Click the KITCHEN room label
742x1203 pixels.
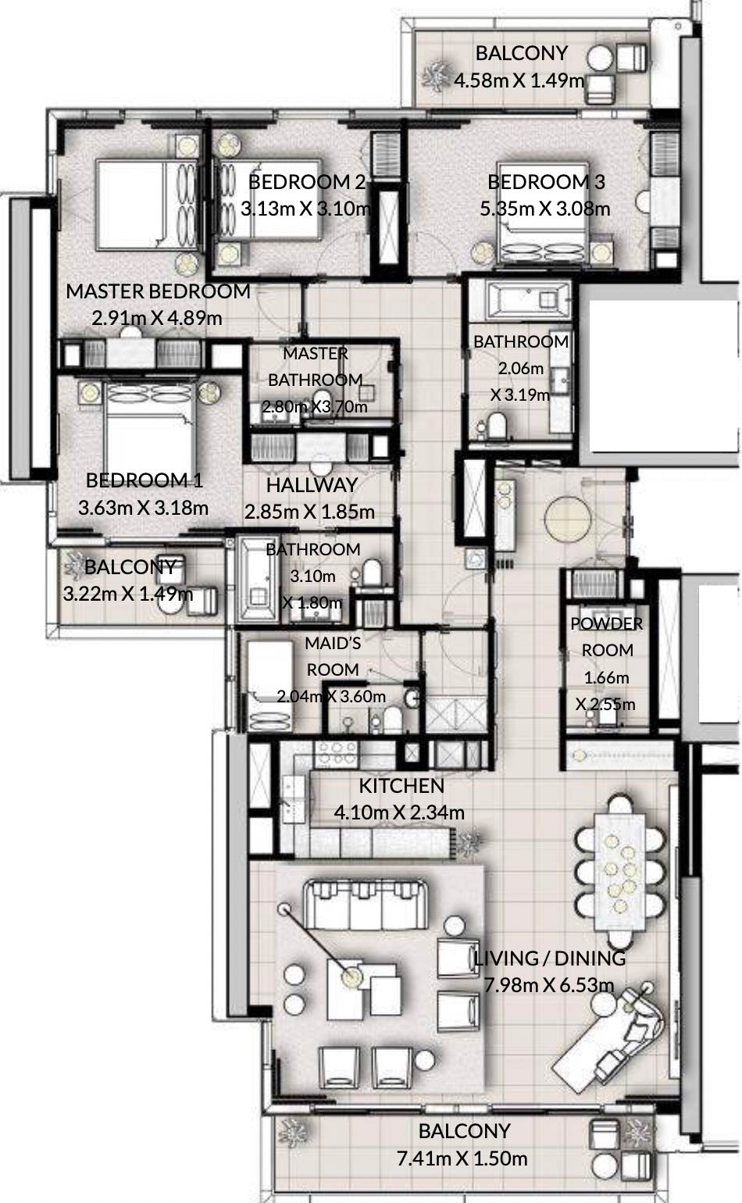click(401, 786)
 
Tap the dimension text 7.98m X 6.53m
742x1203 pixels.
click(549, 985)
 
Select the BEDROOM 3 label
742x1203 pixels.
click(546, 182)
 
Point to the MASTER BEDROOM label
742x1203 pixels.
click(158, 291)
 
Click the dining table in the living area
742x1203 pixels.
click(619, 871)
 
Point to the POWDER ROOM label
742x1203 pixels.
click(607, 637)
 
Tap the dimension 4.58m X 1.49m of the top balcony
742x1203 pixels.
click(519, 80)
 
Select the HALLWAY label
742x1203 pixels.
click(312, 485)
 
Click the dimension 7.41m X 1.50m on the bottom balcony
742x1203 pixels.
click(462, 1158)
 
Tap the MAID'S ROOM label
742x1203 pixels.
click(333, 656)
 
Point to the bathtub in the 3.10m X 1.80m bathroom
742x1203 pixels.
click(260, 580)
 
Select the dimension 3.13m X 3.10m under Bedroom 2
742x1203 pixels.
click(305, 209)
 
